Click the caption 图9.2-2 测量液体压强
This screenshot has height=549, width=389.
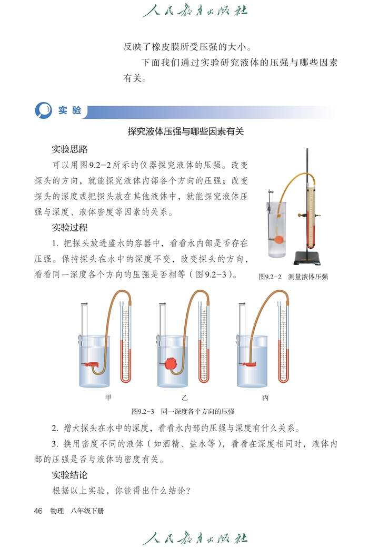click(x=293, y=277)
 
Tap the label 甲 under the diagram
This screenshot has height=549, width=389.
click(x=108, y=398)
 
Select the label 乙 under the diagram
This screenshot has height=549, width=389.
click(x=184, y=398)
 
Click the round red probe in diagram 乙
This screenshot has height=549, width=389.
click(x=171, y=363)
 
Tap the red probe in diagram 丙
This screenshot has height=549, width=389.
click(x=251, y=364)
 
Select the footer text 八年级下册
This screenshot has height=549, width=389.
click(x=85, y=511)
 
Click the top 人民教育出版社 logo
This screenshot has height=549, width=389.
click(x=194, y=11)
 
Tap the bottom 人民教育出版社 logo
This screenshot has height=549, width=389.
click(x=194, y=538)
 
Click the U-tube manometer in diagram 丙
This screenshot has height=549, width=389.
click(x=284, y=347)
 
